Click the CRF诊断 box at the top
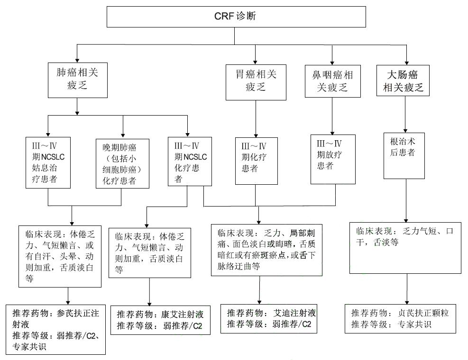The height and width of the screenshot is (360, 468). click(x=236, y=17)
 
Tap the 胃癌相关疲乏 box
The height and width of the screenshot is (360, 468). click(x=256, y=80)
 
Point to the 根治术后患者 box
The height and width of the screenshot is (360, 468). click(x=404, y=154)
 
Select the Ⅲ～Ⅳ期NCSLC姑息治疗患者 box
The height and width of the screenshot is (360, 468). click(x=48, y=162)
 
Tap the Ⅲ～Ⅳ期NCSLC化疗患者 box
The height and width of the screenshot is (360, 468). click(x=190, y=161)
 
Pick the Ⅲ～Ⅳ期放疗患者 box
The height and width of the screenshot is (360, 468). click(x=333, y=159)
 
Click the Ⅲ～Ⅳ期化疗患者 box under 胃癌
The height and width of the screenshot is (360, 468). click(x=257, y=160)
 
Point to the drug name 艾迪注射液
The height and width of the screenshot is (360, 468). click(x=295, y=313)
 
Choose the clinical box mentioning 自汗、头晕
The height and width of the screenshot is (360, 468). click(x=60, y=256)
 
